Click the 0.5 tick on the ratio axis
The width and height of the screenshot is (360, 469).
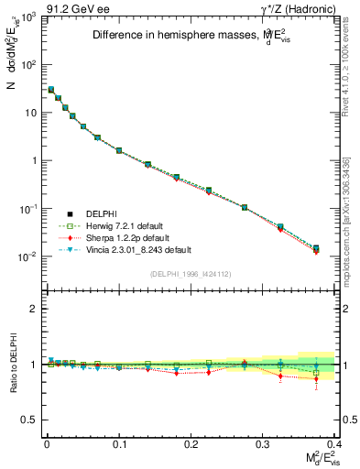(31, 420)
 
